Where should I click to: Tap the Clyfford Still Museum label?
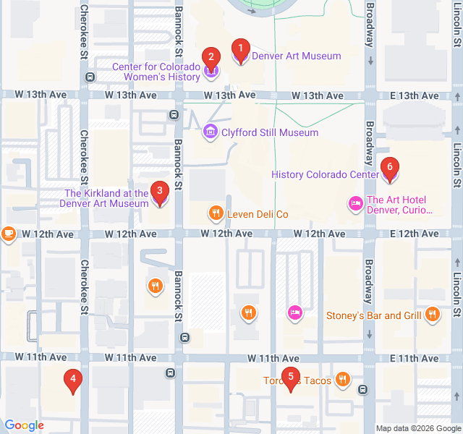pyautogui.click(x=269, y=132)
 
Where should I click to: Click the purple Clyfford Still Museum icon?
pyautogui.click(x=211, y=132)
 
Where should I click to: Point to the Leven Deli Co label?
pyautogui.click(x=258, y=214)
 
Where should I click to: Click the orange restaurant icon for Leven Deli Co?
pyautogui.click(x=216, y=213)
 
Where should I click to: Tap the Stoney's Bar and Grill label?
pyautogui.click(x=373, y=315)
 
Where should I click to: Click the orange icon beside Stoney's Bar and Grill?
pyautogui.click(x=432, y=314)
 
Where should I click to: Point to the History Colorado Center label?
pyautogui.click(x=325, y=174)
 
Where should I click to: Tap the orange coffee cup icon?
pyautogui.click(x=8, y=234)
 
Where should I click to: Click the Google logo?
pyautogui.click(x=24, y=426)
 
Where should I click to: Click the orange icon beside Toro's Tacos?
pyautogui.click(x=343, y=380)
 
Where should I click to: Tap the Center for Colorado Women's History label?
pyautogui.click(x=156, y=72)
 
